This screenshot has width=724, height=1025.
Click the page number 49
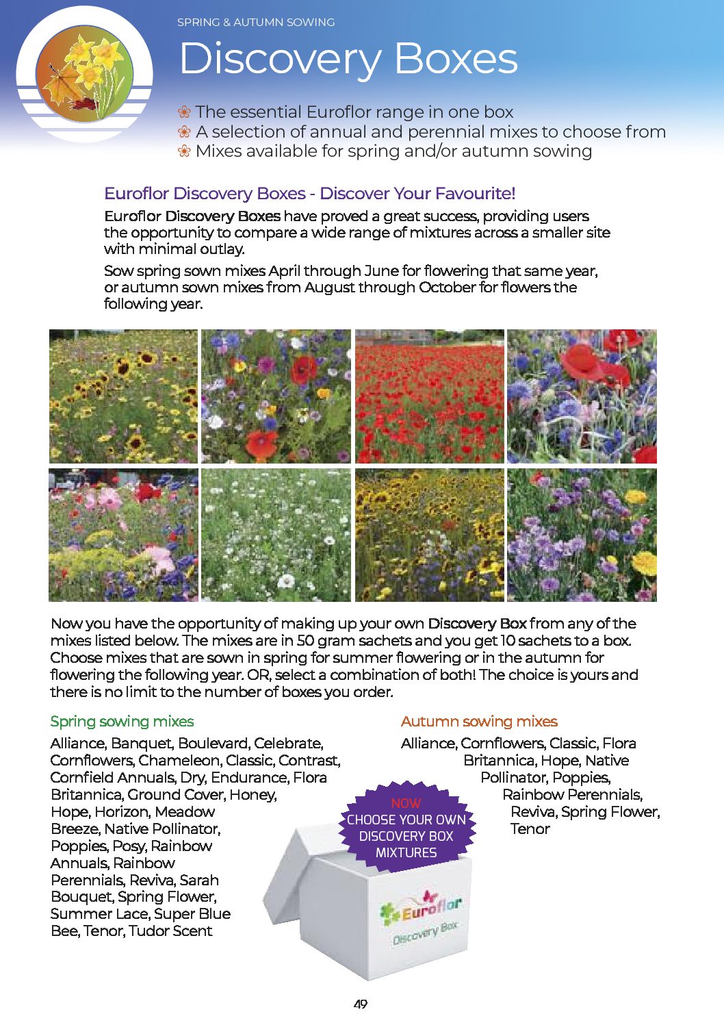pos(361,1004)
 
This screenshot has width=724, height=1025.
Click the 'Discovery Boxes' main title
pos(348,59)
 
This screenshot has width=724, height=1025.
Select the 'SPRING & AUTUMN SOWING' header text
pos(256,23)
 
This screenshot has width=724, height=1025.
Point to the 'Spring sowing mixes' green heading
pos(122,721)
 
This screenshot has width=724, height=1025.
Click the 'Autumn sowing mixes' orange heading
pos(479,721)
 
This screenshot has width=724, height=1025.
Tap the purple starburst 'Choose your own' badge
pos(406,828)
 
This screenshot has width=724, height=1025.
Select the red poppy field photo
pos(429,396)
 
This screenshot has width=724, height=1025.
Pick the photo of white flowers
pos(276,535)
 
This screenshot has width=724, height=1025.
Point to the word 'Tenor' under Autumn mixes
pos(530,828)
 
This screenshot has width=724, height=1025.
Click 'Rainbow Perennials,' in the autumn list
pos(572,794)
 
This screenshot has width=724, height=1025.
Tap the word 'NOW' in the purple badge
pos(406,803)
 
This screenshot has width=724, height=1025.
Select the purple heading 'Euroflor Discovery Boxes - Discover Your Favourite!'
pos(309,194)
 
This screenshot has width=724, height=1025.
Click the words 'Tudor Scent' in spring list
pos(170,931)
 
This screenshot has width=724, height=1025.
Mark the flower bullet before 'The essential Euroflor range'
pos(183,112)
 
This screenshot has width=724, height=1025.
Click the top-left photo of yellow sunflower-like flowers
pos(123,396)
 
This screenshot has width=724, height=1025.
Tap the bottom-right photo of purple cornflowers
pos(582,535)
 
